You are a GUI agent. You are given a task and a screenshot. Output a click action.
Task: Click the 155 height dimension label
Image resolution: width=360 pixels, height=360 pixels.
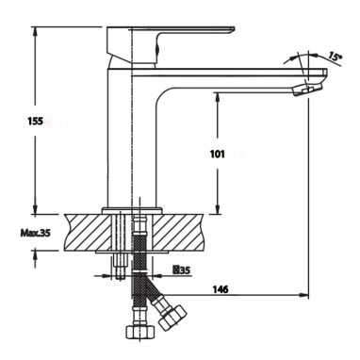tap(35, 121)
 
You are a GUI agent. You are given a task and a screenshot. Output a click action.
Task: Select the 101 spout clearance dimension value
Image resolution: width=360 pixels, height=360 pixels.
tap(218, 154)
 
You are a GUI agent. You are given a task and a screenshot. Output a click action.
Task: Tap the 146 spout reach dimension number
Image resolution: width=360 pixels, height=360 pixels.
tap(221, 289)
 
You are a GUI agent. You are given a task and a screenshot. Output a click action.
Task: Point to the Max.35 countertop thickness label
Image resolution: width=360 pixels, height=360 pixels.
tap(35, 233)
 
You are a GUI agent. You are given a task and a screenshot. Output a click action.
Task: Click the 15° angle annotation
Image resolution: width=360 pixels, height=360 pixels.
tap(335, 57)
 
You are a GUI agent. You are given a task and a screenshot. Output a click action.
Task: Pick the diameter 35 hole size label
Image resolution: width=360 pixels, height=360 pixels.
tap(182, 270)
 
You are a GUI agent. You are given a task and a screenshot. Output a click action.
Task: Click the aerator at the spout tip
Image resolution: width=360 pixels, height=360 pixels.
tap(306, 90)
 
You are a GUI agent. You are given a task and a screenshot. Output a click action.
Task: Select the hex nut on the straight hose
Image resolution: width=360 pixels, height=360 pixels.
tap(140, 332)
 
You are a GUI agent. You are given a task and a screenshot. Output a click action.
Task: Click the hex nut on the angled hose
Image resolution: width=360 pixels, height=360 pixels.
tap(172, 317)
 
